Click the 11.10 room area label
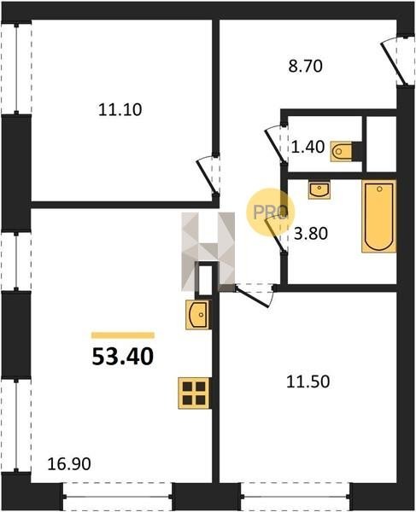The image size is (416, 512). coord(120,110)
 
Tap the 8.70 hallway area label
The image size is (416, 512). coord(305,67)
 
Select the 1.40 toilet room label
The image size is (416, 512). coord(308,147)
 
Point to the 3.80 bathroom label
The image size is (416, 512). coord(310,234)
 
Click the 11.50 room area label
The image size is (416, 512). coord(308,381)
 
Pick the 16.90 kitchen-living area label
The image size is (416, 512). coord(69,464)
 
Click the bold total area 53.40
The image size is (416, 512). coord(122,357)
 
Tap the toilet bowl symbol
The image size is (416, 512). coord(341,152)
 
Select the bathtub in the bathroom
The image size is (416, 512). coord(378,216)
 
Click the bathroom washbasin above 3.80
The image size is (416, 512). coord(319,190)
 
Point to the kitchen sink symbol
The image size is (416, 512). coord(197,315)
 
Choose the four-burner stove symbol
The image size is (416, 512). coord(194,393)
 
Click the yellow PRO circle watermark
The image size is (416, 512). coord(270,212)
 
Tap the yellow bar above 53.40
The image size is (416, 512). coord(123,335)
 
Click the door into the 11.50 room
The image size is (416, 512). coord(254,295)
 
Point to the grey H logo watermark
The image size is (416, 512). coord(208,252)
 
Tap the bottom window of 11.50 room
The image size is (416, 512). coord(295,496)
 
